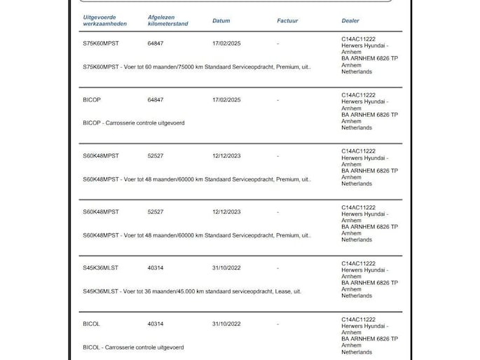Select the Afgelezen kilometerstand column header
click(x=168, y=20)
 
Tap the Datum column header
click(x=221, y=21)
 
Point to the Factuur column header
click(x=287, y=21)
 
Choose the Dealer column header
click(x=350, y=21)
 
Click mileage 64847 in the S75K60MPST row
click(x=156, y=44)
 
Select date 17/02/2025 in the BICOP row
click(x=226, y=100)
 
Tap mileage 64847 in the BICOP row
click(x=156, y=100)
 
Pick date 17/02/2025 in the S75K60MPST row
click(x=226, y=44)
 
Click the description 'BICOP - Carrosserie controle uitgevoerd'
click(x=133, y=123)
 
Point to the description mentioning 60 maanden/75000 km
click(x=196, y=67)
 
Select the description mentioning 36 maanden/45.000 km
click(x=191, y=291)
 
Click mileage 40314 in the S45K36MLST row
click(x=156, y=268)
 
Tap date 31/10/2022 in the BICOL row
click(x=226, y=324)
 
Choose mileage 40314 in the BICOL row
click(x=156, y=324)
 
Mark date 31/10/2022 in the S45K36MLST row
click(x=226, y=268)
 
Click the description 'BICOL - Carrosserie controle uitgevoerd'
click(x=133, y=347)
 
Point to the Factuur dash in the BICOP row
click(x=278, y=100)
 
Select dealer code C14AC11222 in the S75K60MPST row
click(x=359, y=39)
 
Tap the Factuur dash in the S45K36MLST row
click(x=278, y=268)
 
